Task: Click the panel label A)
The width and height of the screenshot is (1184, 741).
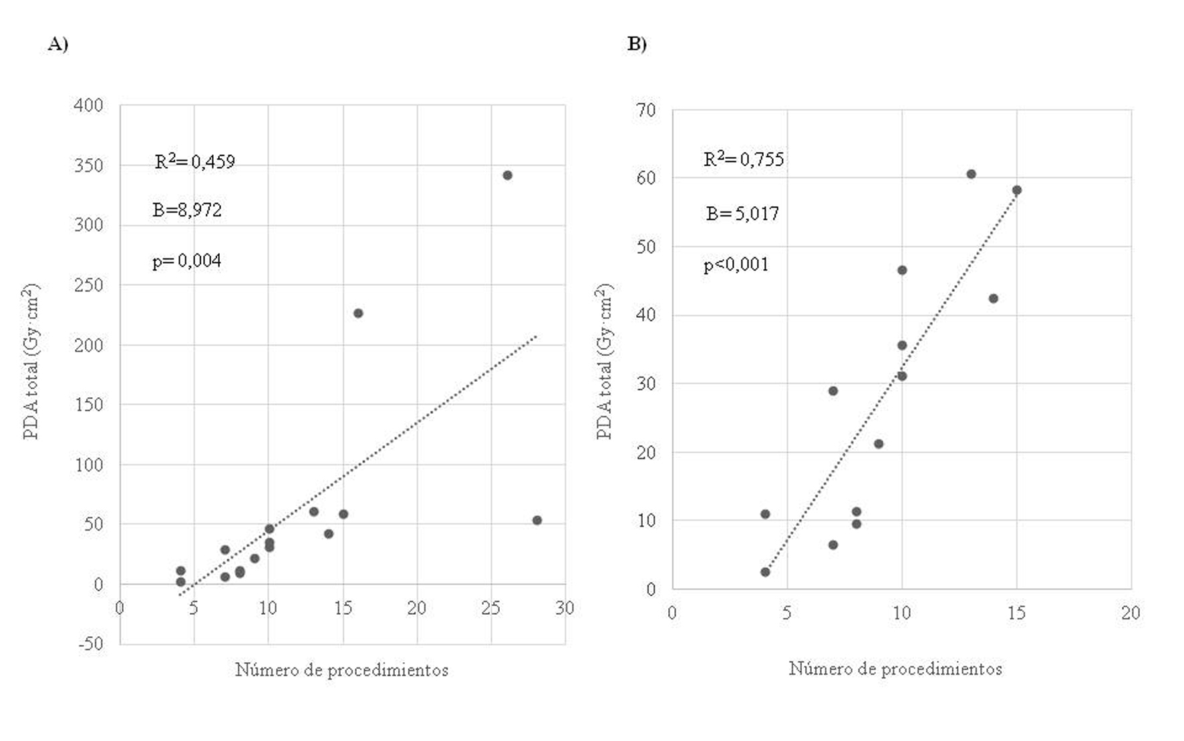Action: click(x=58, y=44)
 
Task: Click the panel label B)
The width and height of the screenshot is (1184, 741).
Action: click(x=637, y=44)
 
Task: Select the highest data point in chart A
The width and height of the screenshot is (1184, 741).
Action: click(x=507, y=176)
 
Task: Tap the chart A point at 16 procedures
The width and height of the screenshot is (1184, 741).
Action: click(x=358, y=313)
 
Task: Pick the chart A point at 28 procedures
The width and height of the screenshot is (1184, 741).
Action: click(x=537, y=520)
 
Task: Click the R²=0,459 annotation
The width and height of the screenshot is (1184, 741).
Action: click(x=194, y=162)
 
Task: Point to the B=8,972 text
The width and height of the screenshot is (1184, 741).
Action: click(x=186, y=210)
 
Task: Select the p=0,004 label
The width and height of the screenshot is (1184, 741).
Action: click(x=186, y=260)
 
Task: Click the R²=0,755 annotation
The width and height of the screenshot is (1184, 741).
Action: click(x=744, y=159)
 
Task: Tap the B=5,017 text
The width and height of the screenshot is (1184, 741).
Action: click(x=742, y=214)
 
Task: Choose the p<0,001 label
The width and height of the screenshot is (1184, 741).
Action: click(x=736, y=265)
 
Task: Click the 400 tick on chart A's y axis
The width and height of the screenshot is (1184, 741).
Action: click(x=89, y=105)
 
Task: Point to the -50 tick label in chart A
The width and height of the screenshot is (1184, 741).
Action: click(x=90, y=644)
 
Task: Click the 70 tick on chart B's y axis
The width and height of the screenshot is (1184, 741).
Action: click(x=646, y=110)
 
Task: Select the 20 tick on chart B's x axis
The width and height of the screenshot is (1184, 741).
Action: click(x=1131, y=613)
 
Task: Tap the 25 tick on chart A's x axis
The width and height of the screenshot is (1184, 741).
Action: click(x=490, y=608)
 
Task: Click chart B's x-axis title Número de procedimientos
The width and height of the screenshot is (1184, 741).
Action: click(x=895, y=669)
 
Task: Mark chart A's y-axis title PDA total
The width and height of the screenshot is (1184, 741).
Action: click(x=31, y=361)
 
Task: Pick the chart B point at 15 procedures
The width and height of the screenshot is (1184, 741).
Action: click(x=1016, y=190)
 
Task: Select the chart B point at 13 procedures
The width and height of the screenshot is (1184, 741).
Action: click(x=971, y=174)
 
